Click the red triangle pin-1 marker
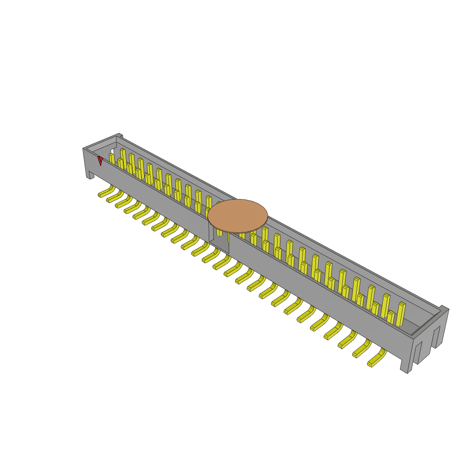coord(100,160)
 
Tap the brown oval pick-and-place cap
coord(237,216)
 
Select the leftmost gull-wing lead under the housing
coord(106,192)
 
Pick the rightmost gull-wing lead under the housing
coord(376,359)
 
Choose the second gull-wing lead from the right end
coord(362,350)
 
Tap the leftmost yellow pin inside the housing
coord(111,158)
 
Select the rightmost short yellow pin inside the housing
coord(391,317)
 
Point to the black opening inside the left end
coord(112,151)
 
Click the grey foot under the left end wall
coord(90,175)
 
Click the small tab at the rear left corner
coord(120,136)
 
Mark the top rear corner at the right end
coord(444,308)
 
